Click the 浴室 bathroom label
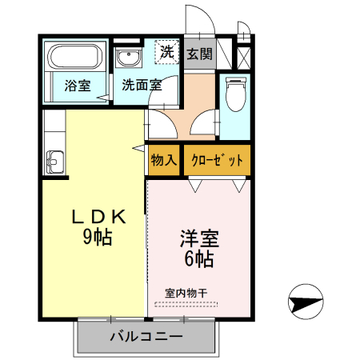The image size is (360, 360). click(78, 85)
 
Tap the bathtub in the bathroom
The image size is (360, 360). click(73, 58)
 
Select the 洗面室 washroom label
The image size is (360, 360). click(142, 85)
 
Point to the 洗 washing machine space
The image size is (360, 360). click(166, 52)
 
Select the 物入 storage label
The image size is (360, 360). click(164, 160)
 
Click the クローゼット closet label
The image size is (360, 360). click(217, 160)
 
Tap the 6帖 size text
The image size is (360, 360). click(199, 258)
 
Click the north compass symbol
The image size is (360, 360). click(305, 303)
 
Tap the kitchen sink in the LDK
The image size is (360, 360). click(54, 161)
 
